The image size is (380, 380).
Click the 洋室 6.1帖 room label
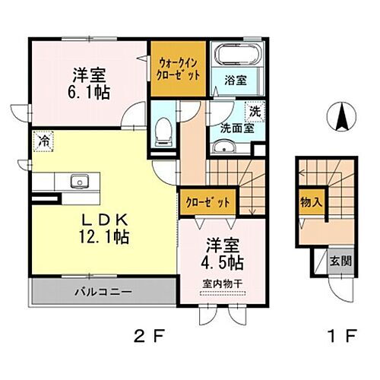[x=90, y=84]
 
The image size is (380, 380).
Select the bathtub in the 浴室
[x=237, y=55]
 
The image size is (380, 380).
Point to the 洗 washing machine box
[x=255, y=112]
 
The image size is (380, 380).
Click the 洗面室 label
[x=237, y=128]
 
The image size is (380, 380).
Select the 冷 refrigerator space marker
[x=45, y=141]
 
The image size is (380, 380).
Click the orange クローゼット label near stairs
[x=207, y=201]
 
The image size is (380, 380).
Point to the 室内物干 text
[x=220, y=284]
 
